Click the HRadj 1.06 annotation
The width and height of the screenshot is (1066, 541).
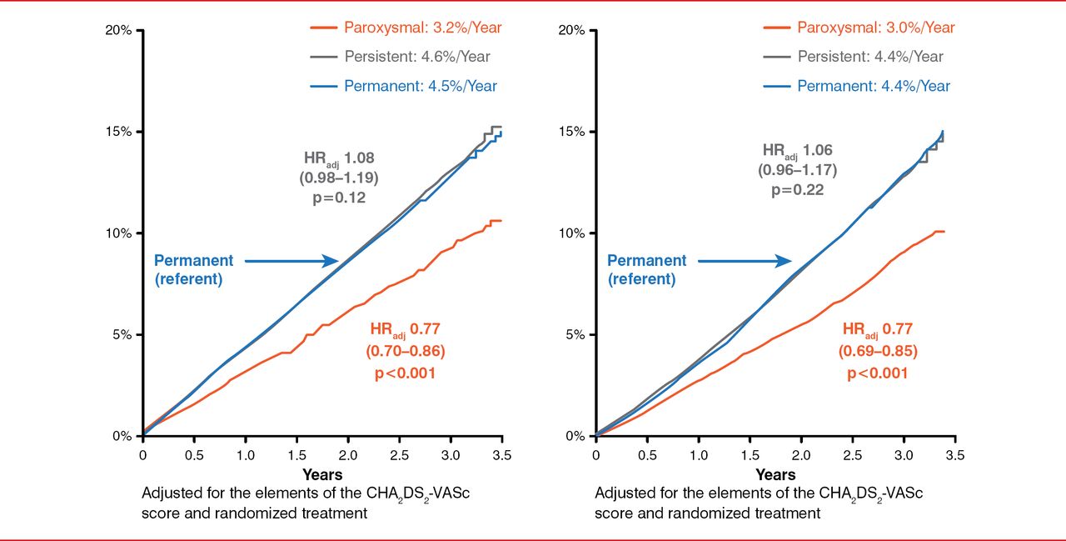coord(798,151)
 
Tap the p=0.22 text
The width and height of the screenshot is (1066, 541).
coord(798,190)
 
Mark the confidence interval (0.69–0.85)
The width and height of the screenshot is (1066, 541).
coord(877,352)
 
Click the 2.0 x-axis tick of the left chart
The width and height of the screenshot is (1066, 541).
coord(348,455)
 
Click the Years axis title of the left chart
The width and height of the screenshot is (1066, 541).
coord(322,475)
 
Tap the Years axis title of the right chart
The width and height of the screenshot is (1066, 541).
coord(775,475)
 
